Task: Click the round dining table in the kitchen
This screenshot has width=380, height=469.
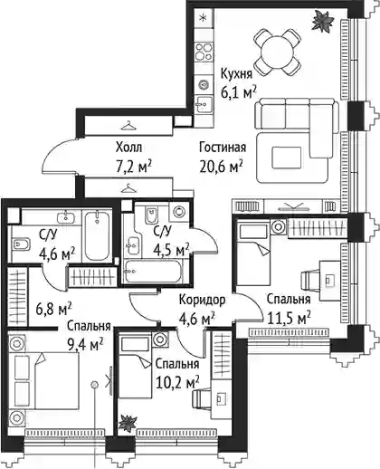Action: [x=277, y=53]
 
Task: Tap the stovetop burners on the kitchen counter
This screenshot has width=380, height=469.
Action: [x=204, y=52]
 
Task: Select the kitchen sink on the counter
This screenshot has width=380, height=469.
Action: [x=204, y=104]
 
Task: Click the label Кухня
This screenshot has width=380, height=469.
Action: [x=236, y=73]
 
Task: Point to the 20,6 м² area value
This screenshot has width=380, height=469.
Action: [x=222, y=166]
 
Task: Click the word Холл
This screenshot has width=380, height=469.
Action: [x=128, y=148]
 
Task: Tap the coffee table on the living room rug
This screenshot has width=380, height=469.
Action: [x=287, y=158]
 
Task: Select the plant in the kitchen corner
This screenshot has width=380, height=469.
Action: [x=322, y=20]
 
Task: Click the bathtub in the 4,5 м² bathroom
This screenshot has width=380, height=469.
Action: [x=152, y=272]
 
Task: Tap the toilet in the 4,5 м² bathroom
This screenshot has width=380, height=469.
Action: [x=151, y=215]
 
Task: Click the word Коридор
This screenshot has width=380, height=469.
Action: [x=202, y=300]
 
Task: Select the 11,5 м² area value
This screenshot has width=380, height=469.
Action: [x=290, y=318]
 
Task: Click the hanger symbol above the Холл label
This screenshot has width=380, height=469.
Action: [x=128, y=125]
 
